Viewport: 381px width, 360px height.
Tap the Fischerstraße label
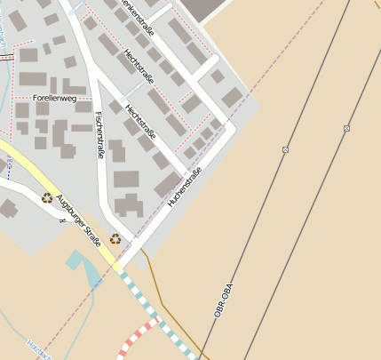click(x=99, y=134)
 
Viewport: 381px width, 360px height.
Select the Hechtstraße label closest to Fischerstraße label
click(x=140, y=123)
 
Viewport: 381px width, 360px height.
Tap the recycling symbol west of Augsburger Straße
click(x=46, y=198)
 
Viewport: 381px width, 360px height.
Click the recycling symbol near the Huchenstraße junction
click(x=115, y=238)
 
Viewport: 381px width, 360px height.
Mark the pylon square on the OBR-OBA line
click(x=286, y=149)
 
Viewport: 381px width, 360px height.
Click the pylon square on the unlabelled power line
click(x=346, y=129)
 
